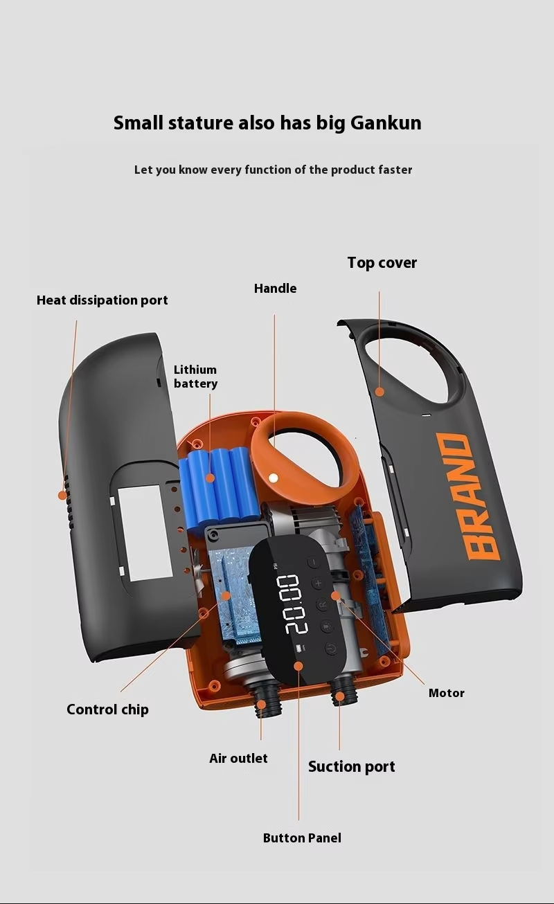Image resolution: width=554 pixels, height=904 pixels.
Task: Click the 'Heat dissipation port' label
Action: coord(102,300)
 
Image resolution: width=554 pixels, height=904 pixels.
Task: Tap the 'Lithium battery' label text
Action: coord(195,377)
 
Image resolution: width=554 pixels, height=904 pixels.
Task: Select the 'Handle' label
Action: coord(275,289)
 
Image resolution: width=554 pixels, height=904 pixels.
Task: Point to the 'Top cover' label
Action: coord(382,263)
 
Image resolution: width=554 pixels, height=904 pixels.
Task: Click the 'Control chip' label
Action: coord(107,709)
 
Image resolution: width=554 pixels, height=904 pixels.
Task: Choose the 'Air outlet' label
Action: coord(238,759)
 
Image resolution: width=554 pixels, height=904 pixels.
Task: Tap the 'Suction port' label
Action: coord(351,767)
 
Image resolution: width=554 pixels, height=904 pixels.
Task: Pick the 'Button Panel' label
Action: coord(302,838)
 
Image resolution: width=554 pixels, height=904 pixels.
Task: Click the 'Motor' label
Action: coord(446,693)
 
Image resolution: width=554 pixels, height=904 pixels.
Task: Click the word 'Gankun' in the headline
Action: coord(386,123)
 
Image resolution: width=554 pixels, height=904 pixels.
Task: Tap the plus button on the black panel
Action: coord(319,583)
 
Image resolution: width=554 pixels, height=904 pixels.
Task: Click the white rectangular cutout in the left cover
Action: coord(145,532)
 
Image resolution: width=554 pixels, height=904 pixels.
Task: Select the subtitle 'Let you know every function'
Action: coord(273,170)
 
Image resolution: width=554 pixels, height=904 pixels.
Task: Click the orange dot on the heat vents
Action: coord(62,496)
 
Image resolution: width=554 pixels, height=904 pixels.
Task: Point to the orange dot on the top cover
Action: coord(379,392)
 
